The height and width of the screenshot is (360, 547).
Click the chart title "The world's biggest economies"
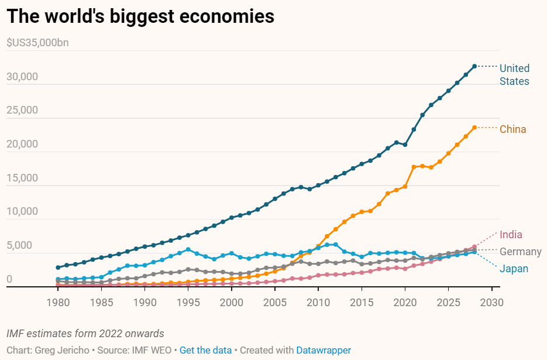click(x=140, y=16)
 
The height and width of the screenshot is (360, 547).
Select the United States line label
click(x=514, y=75)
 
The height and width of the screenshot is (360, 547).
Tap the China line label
click(x=512, y=129)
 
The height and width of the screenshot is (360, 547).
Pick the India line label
click(x=511, y=235)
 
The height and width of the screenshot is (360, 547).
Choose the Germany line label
click(x=520, y=252)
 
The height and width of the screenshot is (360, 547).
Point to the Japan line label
click(x=514, y=269)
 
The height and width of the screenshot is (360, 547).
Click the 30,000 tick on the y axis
click(x=22, y=77)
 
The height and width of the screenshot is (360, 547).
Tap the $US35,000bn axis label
click(x=38, y=43)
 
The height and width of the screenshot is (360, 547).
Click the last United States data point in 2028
click(x=474, y=66)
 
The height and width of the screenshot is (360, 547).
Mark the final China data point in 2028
click(x=474, y=127)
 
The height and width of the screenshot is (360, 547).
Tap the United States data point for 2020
click(x=405, y=145)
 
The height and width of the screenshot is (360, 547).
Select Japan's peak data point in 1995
click(x=188, y=249)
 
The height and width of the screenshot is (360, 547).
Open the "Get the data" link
click(x=205, y=350)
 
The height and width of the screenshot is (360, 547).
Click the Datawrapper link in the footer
click(x=324, y=350)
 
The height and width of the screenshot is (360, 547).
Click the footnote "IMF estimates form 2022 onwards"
click(x=85, y=333)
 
